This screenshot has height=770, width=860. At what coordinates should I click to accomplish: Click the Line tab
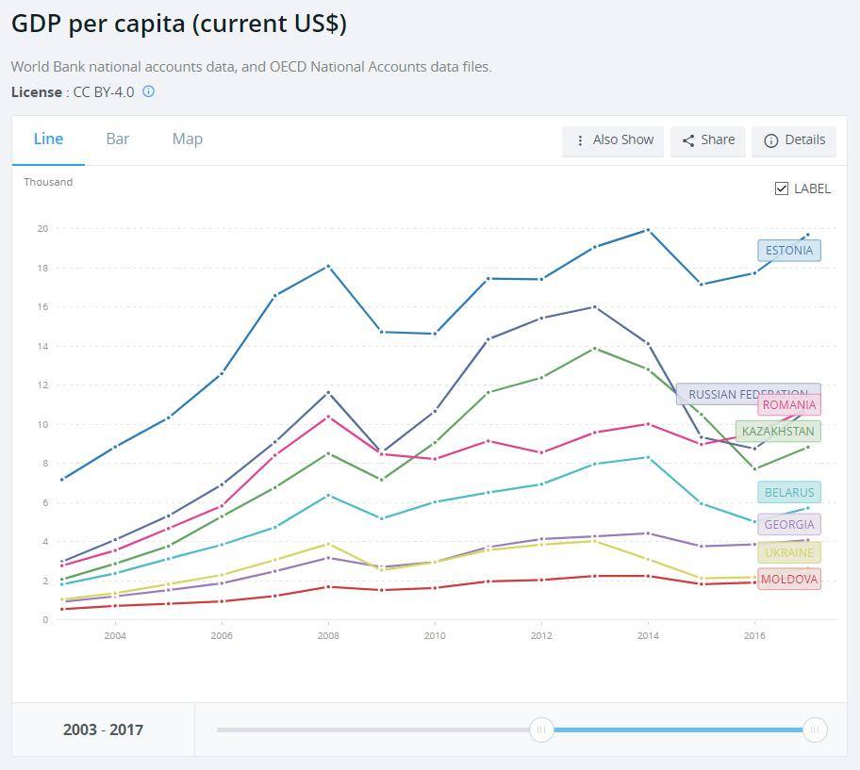point(48,139)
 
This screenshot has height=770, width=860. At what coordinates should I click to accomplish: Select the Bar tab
point(118,139)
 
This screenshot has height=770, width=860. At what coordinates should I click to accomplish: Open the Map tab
point(187,139)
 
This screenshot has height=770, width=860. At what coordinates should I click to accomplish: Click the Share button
point(708,140)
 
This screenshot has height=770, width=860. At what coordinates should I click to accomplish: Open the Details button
point(794,140)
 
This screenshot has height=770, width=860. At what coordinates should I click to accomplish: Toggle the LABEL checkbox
point(782,188)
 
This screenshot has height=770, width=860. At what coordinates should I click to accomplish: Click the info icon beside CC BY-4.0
point(148,91)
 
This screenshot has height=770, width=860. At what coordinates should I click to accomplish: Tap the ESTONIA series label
point(789,251)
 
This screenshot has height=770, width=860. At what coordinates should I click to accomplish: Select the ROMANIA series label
point(789,405)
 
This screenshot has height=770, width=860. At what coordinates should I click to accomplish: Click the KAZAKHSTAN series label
point(778,432)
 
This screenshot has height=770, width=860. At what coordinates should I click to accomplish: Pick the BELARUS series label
point(789,492)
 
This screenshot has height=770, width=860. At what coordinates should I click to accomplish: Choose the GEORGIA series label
point(789,524)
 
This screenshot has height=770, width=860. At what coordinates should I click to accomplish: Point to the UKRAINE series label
point(789,552)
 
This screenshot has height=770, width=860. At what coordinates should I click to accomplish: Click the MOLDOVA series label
point(789,579)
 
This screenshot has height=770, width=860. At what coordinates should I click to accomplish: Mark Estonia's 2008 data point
point(328,267)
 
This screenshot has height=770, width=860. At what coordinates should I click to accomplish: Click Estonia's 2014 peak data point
point(647,230)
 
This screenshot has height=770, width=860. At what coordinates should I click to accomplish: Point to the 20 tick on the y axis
point(42,228)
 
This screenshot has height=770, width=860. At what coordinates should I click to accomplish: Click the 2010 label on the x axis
point(434,636)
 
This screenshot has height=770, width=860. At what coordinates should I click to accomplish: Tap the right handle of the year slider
point(815,729)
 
